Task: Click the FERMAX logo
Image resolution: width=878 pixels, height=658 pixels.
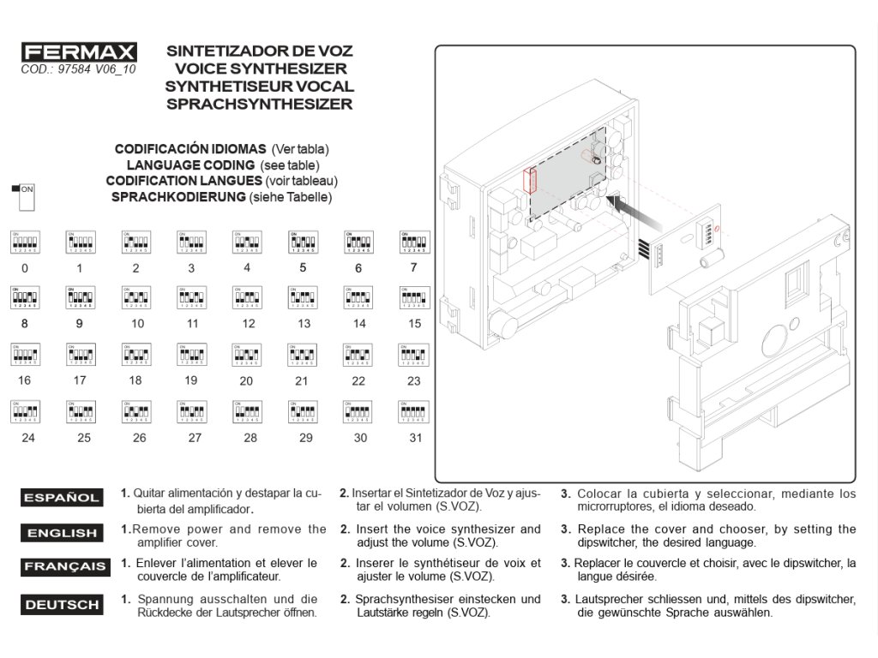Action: click(x=78, y=52)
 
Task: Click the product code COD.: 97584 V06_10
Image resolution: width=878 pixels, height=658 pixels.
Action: click(x=78, y=69)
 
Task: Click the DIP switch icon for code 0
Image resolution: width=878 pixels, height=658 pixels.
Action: click(x=24, y=242)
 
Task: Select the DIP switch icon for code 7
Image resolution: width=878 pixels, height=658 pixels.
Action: click(x=414, y=242)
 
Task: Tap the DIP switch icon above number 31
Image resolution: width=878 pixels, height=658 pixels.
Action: click(x=414, y=412)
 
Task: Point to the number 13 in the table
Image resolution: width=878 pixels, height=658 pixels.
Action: click(x=304, y=324)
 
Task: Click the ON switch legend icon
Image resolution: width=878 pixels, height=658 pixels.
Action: click(x=24, y=196)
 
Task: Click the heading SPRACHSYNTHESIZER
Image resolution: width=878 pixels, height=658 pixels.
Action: click(x=259, y=105)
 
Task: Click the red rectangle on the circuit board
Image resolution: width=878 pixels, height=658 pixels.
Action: click(x=529, y=181)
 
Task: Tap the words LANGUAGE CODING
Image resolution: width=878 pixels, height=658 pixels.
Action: click(x=189, y=164)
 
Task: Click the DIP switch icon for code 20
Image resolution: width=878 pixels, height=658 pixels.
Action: click(x=247, y=356)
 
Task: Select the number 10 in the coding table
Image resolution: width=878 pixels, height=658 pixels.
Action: click(x=137, y=324)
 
